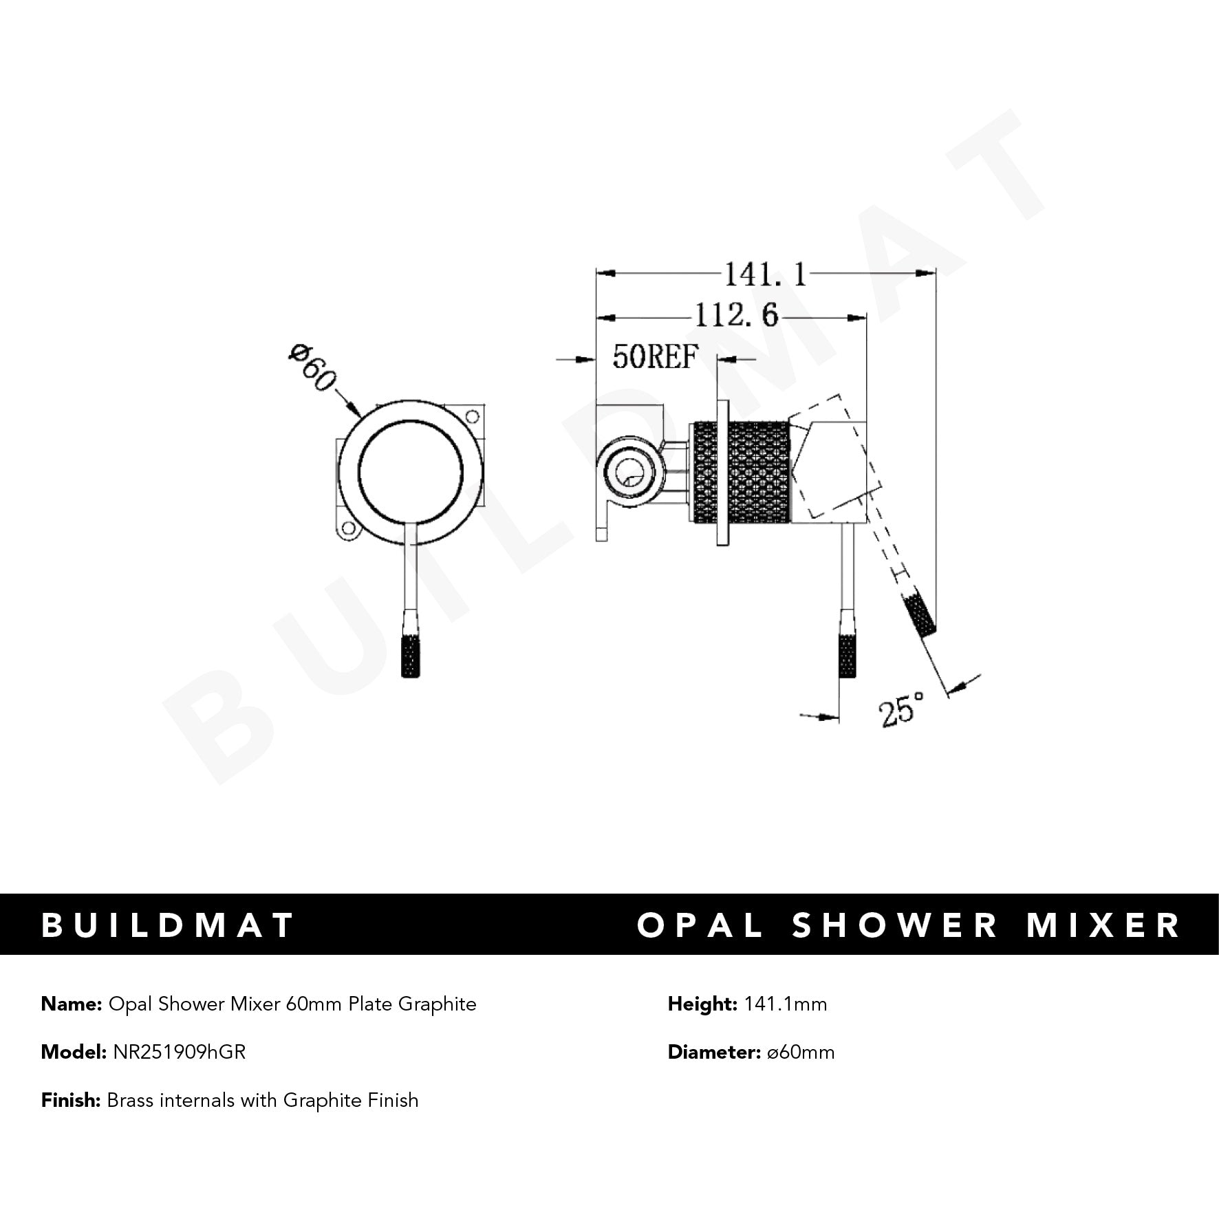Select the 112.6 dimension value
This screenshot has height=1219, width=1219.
(x=736, y=316)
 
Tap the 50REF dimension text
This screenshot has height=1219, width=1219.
(x=655, y=357)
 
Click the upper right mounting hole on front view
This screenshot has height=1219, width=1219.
(x=472, y=416)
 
